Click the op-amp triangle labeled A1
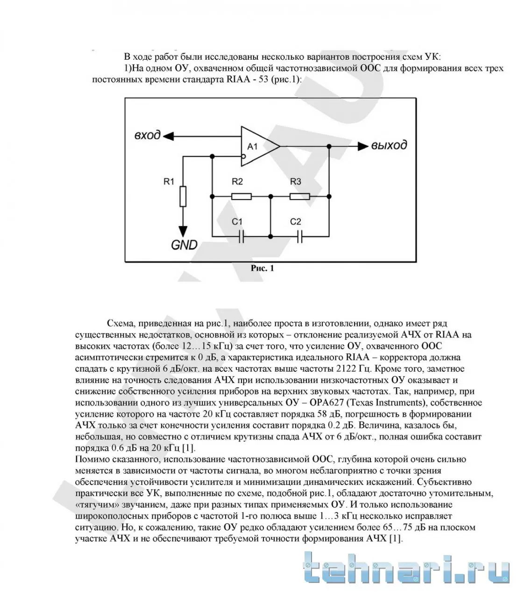pos(257,146)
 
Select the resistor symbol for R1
pos(183,197)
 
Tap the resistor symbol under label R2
pos(241,197)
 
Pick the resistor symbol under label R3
pos(299,197)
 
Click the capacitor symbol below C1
pos(241,237)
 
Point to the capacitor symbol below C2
pos(299,237)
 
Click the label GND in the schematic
pos(184,245)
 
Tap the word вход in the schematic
pos(147,136)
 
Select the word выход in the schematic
pos(389,145)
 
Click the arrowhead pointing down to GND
pos(183,232)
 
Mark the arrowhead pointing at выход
pos(362,146)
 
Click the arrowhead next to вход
pos(169,136)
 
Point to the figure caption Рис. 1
pos(262,268)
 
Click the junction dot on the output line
pos(329,146)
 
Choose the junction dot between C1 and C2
pos(270,237)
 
